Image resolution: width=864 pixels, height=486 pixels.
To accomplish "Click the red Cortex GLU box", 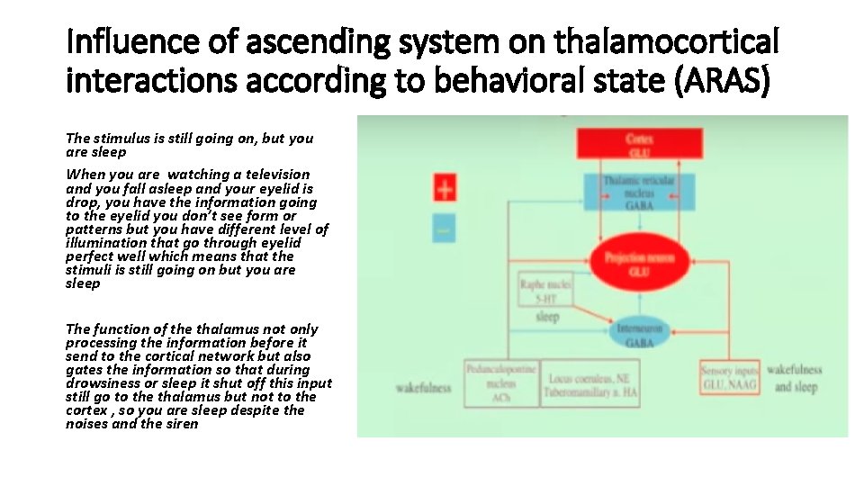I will click(x=639, y=145).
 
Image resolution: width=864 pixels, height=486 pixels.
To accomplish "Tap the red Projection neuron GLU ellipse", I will click(x=639, y=262).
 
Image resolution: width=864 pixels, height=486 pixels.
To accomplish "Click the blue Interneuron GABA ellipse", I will click(x=640, y=336).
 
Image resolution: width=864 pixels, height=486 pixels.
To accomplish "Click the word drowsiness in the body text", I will click(x=103, y=382).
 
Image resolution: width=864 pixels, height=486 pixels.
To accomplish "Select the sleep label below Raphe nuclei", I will click(x=547, y=317).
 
